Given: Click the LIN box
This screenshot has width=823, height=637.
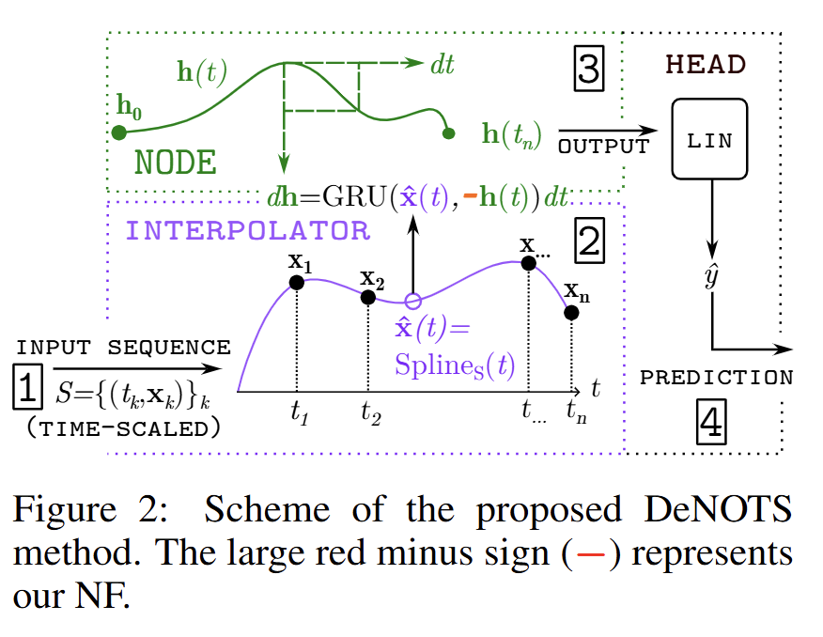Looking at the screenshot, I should pos(709,139).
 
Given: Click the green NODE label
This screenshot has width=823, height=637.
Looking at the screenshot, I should pos(176,163).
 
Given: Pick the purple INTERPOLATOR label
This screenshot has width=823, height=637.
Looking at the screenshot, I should pos(248,230).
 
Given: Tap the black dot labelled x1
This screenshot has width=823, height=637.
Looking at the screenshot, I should pos(296,282).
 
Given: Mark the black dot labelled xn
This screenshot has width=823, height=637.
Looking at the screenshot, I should pos(571,312).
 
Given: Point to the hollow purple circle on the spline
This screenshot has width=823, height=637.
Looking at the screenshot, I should pos(411,302).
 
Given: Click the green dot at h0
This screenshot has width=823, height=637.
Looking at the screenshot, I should pos(118,132).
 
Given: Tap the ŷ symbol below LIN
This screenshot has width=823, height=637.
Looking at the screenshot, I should pos(711,279).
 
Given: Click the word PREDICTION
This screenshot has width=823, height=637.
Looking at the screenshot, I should pos(716,378).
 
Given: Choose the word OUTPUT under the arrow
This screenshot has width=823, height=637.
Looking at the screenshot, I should pos(603,147).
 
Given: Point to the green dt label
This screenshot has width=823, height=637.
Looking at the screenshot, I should pos(444,64).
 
